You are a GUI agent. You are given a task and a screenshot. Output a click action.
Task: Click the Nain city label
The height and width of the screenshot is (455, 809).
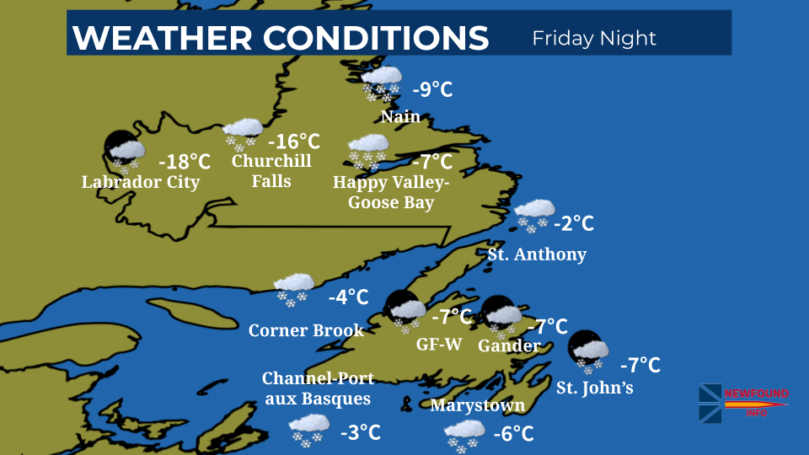(400, 116)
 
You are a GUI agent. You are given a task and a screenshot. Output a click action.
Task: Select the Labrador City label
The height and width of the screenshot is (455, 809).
(141, 182)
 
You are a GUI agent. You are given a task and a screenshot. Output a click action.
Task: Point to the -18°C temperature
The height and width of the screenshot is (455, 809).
(185, 160)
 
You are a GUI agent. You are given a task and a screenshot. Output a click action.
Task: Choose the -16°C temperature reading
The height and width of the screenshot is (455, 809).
(293, 142)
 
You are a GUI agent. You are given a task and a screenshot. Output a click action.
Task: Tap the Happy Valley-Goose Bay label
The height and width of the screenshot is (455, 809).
(391, 193)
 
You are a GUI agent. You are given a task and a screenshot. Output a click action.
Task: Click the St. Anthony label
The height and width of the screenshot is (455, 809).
(537, 254)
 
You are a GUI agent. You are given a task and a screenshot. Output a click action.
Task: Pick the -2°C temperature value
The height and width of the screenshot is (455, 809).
(574, 223)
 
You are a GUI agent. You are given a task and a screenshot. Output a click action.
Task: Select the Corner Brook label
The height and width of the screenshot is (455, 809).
(306, 330)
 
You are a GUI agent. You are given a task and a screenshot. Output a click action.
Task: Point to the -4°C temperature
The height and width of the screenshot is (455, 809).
(349, 297)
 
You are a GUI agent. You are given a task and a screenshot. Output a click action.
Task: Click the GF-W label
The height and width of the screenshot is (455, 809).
(437, 345)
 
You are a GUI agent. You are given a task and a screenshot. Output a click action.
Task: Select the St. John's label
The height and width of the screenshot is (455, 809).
(594, 388)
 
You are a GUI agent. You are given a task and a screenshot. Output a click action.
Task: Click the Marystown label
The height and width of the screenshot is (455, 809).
(477, 405)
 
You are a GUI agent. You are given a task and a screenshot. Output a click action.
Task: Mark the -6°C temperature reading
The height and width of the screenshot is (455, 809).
(513, 434)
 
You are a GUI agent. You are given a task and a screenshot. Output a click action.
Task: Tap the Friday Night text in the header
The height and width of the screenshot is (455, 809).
(594, 38)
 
